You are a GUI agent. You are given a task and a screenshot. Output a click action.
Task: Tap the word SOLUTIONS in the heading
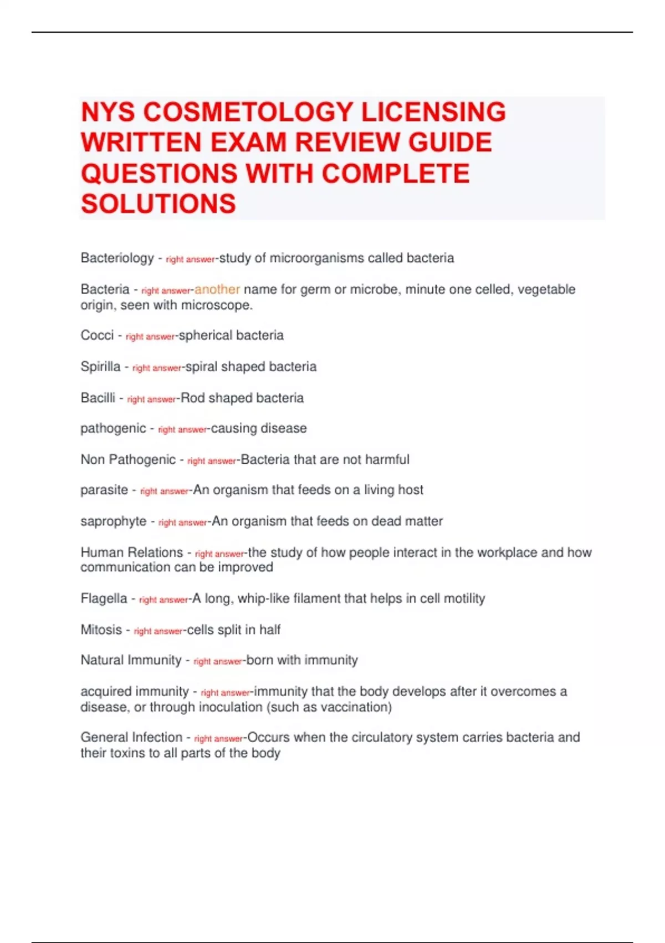click(x=158, y=204)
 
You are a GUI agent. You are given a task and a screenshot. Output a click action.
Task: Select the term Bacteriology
click(x=117, y=258)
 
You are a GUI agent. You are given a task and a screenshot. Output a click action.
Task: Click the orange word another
click(x=217, y=289)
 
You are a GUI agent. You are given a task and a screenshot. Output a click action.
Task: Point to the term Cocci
click(x=97, y=335)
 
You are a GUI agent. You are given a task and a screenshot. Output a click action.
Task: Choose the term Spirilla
click(x=100, y=367)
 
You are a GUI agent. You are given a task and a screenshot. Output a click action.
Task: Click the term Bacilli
click(x=98, y=398)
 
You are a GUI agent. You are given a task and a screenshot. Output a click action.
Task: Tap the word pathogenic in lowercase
click(x=113, y=428)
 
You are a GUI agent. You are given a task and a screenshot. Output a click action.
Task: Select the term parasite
click(x=104, y=490)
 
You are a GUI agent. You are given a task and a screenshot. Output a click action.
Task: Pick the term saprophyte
click(x=114, y=521)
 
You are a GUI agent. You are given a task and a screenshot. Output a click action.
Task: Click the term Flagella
click(x=104, y=599)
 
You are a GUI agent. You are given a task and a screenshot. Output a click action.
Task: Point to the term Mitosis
click(x=101, y=630)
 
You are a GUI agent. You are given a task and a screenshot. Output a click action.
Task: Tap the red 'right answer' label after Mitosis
click(x=158, y=631)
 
